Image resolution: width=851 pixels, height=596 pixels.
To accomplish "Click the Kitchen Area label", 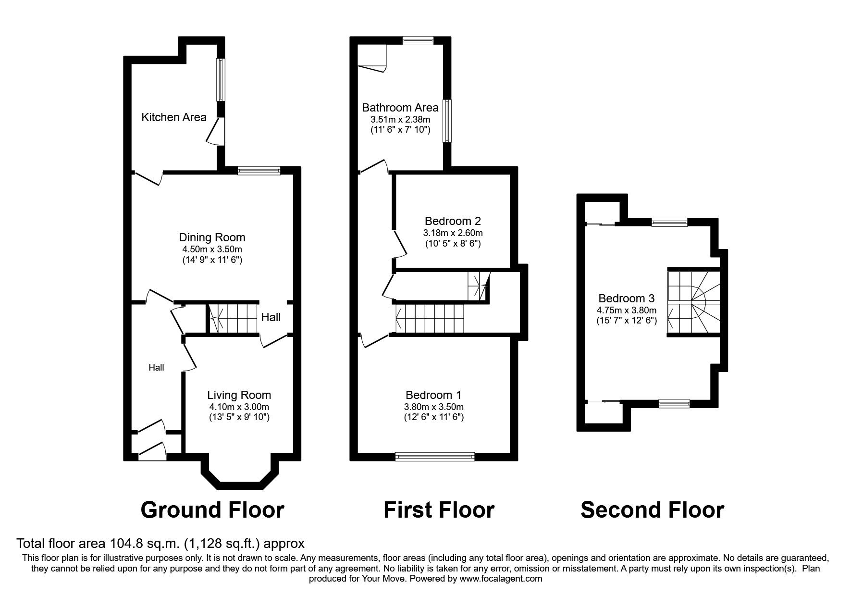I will (173, 117).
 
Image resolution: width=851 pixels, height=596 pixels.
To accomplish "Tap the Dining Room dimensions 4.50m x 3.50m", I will (212, 249).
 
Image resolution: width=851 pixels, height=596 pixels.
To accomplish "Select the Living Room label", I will (239, 395).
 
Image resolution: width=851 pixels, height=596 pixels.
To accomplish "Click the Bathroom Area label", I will (400, 108).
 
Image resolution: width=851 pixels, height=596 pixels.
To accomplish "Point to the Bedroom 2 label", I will (453, 221).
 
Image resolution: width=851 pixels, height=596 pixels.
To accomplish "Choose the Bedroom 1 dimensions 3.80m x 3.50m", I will (433, 407).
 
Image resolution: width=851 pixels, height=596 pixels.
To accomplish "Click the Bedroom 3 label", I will (626, 298).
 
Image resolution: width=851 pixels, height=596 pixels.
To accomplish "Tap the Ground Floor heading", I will (212, 510).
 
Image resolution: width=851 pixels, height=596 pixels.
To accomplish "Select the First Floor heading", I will (438, 510).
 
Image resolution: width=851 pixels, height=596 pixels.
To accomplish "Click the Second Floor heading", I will (652, 510).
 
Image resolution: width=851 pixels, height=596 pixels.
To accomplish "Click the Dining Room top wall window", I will (259, 170).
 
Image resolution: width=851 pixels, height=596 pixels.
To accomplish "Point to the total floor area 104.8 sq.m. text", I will (160, 544).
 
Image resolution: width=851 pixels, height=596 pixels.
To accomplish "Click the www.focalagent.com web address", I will (501, 579).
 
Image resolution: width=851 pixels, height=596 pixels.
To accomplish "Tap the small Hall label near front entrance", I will (156, 368).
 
